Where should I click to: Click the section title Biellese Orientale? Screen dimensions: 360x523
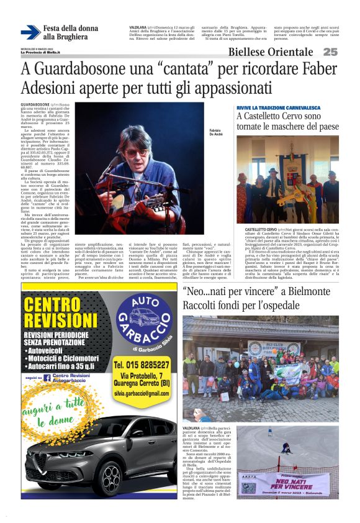point(270,52)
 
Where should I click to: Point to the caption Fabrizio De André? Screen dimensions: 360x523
point(215,132)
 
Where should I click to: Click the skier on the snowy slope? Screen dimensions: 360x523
point(286,448)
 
